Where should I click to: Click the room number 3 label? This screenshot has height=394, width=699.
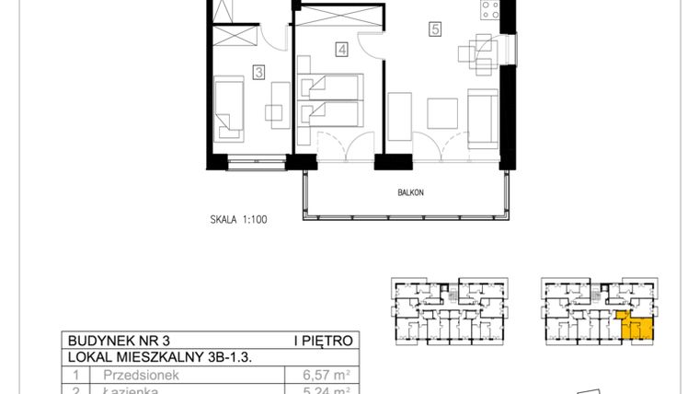click(x=259, y=70)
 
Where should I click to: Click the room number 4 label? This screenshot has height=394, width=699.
click(x=341, y=51)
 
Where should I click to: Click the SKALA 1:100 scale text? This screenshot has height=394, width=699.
click(x=237, y=220)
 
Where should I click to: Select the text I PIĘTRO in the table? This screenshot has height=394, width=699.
click(x=322, y=340)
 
